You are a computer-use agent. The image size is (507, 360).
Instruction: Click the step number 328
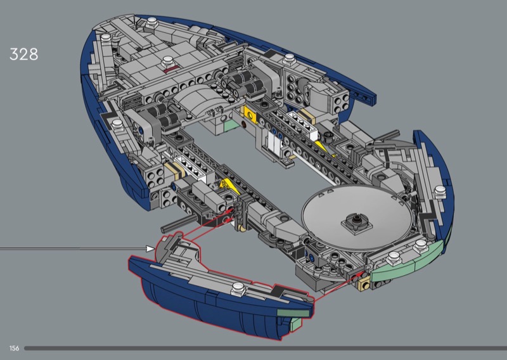click(24, 55)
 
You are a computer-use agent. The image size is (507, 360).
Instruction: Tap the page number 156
click(14, 349)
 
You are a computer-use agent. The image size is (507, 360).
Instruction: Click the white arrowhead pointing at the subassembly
click(150, 248)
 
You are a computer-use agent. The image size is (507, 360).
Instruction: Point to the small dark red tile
click(171, 70)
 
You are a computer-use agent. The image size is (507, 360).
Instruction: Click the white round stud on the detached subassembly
click(238, 288)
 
